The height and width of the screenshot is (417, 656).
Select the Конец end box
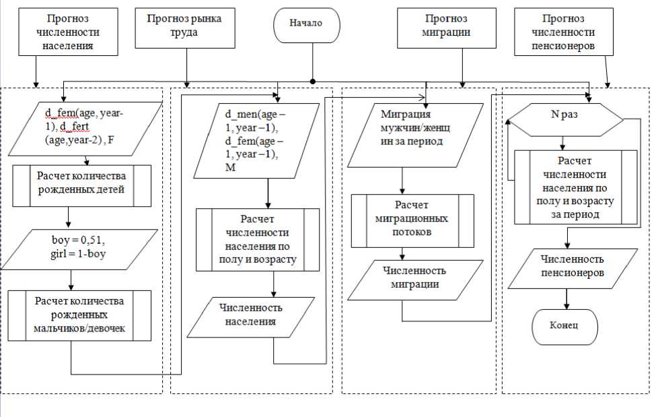(564, 326)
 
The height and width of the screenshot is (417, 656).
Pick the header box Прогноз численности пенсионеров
(563, 32)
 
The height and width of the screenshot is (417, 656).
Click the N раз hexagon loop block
(564, 115)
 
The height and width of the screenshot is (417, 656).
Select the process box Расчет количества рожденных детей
(81, 183)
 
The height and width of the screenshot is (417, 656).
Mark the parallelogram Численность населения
(251, 315)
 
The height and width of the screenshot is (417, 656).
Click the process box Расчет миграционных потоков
(412, 220)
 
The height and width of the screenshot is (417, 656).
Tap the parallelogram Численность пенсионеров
(573, 267)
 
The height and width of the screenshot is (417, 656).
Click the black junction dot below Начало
(313, 81)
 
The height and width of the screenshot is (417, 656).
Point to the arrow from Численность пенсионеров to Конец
(566, 297)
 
